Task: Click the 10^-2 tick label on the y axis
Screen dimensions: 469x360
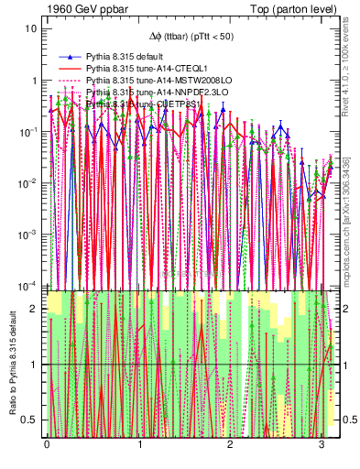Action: [x=27, y=183]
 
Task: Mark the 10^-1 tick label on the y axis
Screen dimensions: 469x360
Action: [x=27, y=132]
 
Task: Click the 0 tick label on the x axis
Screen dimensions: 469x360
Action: [x=47, y=444]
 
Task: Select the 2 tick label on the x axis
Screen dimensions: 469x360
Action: [x=231, y=444]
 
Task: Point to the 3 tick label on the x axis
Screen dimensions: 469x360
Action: [x=322, y=444]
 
